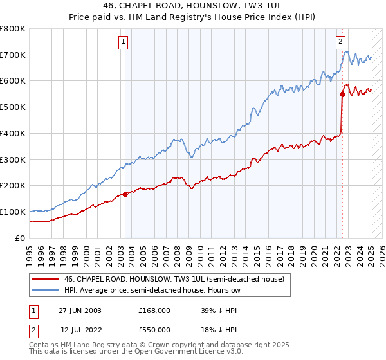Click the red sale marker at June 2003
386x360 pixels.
click(125, 194)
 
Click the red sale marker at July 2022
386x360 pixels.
click(342, 94)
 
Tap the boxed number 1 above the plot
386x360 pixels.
click(123, 42)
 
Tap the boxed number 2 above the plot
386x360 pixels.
click(340, 42)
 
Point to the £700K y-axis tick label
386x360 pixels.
click(13, 55)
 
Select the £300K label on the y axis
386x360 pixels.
click(13, 159)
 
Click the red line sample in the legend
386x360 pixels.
click(45, 279)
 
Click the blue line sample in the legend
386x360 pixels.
click(45, 291)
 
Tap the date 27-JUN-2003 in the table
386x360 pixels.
click(80, 310)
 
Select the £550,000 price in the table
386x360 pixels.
click(154, 329)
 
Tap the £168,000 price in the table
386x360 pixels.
click(154, 310)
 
